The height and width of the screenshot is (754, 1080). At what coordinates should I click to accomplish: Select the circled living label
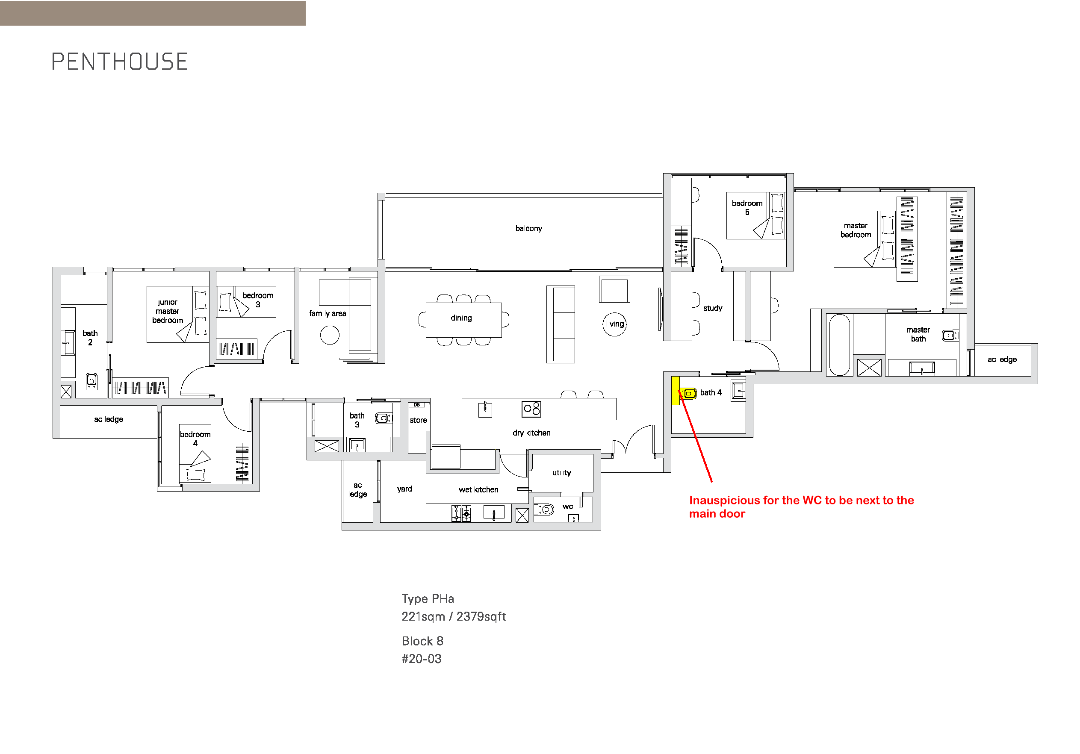point(614,324)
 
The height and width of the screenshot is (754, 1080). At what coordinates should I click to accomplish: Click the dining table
point(463,320)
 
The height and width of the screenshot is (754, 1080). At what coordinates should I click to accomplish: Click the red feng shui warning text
point(801,507)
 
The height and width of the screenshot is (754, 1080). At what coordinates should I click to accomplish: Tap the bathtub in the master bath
point(839,345)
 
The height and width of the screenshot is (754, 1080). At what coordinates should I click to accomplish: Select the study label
point(713,308)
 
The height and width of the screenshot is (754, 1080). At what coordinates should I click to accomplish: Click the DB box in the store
point(417,404)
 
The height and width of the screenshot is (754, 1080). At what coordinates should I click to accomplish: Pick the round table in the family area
point(330,335)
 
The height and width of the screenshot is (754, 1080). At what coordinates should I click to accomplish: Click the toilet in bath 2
point(92,380)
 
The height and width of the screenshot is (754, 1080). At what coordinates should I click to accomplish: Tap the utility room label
point(561,473)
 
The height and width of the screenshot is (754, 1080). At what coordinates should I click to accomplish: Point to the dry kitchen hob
point(531,409)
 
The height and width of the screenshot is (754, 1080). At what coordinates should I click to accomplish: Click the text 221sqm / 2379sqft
point(454,616)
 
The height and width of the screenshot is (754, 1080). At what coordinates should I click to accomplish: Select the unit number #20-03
point(422,659)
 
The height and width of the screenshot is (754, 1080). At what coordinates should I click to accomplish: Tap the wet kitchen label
point(478,490)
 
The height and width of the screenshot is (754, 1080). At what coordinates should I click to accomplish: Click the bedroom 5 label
point(747,207)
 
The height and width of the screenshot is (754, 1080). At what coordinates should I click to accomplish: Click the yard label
point(404,489)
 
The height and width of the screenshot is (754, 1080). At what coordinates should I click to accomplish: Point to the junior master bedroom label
point(168,311)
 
